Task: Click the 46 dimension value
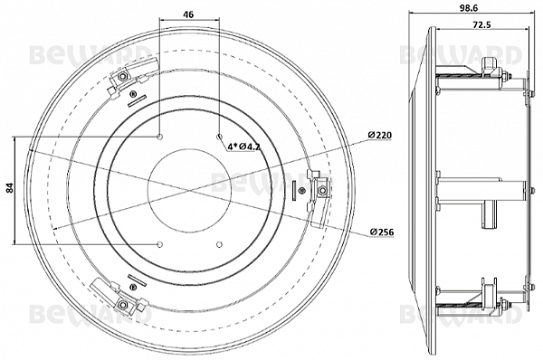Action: (x=188, y=14)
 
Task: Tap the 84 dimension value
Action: (x=9, y=188)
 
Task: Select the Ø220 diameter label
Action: (x=380, y=135)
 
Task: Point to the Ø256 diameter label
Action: (x=382, y=232)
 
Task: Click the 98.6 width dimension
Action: (x=467, y=8)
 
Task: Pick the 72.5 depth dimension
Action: (x=481, y=25)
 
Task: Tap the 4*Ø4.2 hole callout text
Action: (x=243, y=147)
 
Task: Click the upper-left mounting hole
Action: (x=159, y=137)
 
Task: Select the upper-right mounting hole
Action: (x=219, y=137)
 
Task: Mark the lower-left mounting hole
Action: (x=159, y=245)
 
